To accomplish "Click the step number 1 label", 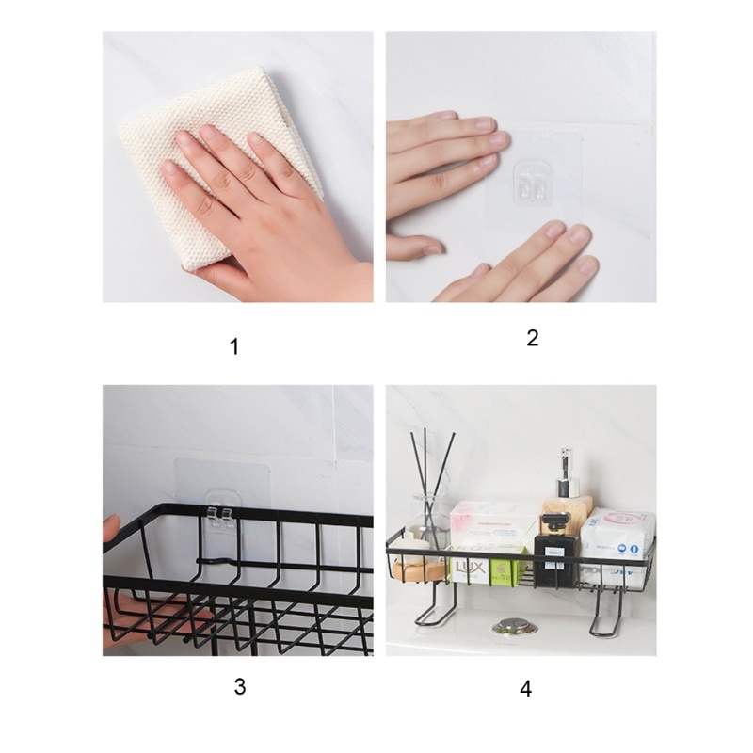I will [x=234, y=347].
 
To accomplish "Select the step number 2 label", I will [x=532, y=339].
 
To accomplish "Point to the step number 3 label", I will [x=240, y=686].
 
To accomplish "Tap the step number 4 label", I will [x=525, y=688].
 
